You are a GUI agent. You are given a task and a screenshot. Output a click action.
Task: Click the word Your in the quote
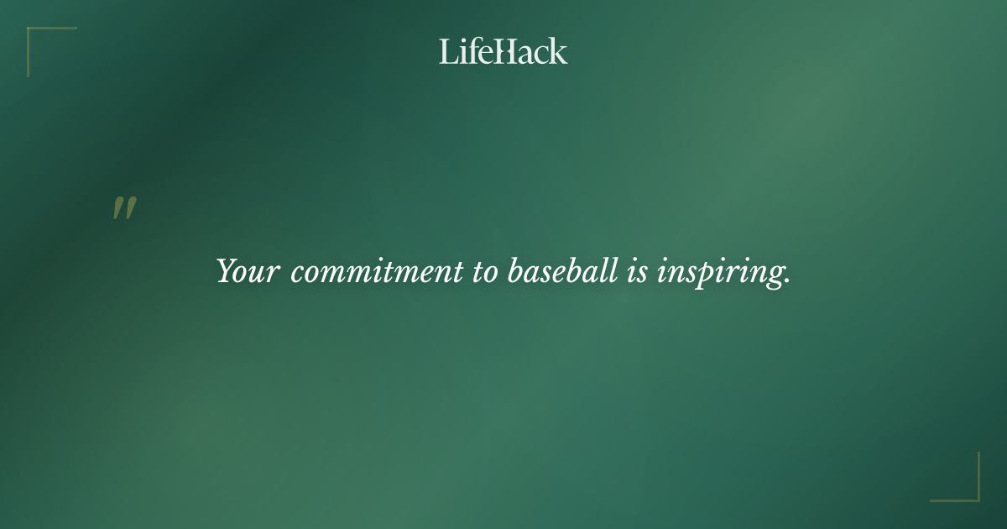(x=247, y=271)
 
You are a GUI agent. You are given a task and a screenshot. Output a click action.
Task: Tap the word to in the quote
(x=484, y=271)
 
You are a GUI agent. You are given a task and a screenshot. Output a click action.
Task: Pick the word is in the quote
(x=636, y=271)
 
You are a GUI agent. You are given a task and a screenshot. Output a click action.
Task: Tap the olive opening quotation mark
(x=124, y=208)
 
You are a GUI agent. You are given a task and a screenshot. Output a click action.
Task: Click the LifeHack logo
(x=503, y=51)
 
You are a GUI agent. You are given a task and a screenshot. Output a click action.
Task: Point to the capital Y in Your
(x=227, y=270)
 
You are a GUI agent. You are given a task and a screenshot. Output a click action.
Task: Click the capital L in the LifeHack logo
(x=447, y=51)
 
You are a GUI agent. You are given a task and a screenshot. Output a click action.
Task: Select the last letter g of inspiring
(x=776, y=276)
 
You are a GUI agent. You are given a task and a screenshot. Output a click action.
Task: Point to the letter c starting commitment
(x=296, y=274)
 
